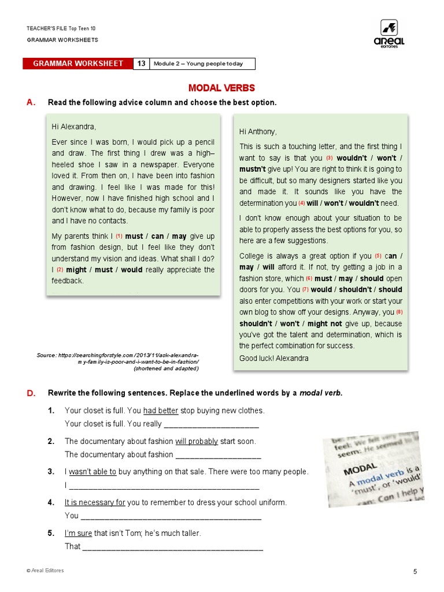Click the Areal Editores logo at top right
point(392,34)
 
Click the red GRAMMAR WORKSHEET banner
point(78,64)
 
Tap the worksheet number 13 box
point(141,64)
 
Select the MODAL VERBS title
point(221,88)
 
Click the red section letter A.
point(31,102)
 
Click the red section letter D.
point(31,393)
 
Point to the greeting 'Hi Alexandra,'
point(74,127)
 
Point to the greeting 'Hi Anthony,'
point(258,132)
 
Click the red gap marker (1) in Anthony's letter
point(119,236)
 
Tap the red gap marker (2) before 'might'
point(60,270)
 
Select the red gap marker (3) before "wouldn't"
point(330,158)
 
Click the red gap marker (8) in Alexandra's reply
point(399,312)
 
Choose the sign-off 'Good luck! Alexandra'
point(273,358)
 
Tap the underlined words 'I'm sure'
point(78,533)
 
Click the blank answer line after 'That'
point(173,547)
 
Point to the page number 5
point(415,572)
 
